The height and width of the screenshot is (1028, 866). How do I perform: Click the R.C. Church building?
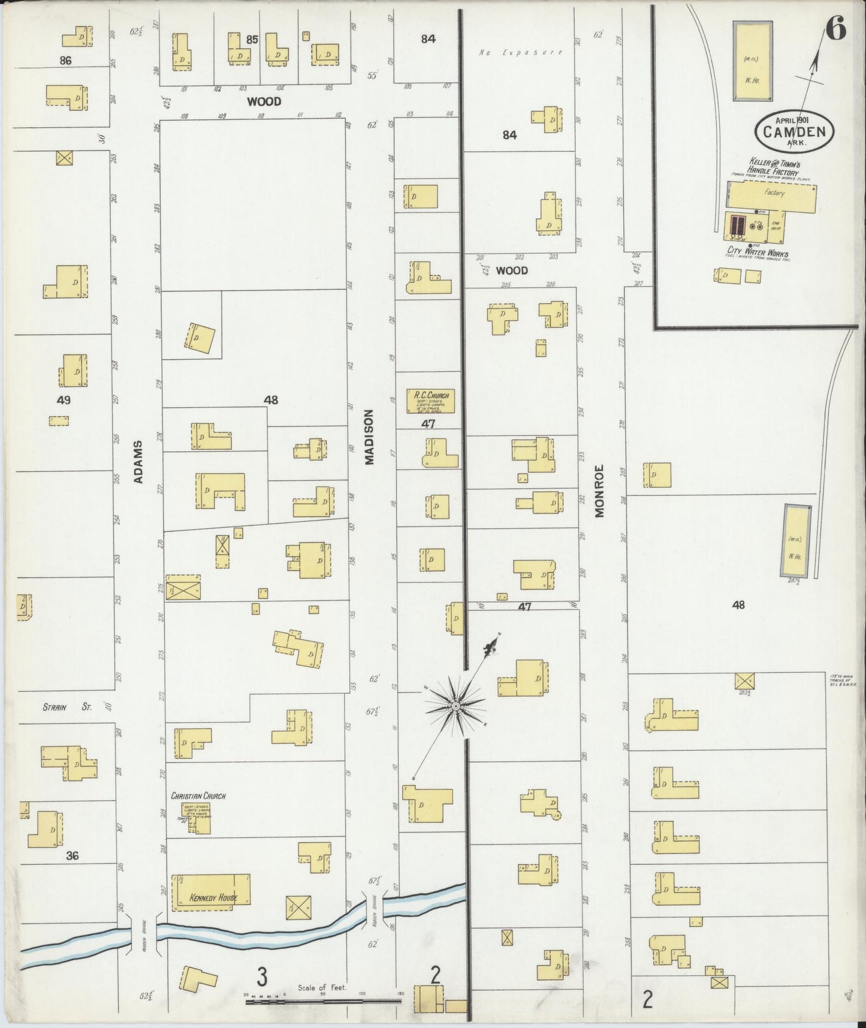pyautogui.click(x=431, y=401)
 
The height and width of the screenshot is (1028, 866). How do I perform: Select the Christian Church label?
pyautogui.click(x=198, y=796)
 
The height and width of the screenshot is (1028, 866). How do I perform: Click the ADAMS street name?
pyautogui.click(x=138, y=462)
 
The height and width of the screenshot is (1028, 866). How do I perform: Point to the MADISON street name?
pyautogui.click(x=369, y=437)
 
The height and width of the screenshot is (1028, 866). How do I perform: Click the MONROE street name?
pyautogui.click(x=600, y=491)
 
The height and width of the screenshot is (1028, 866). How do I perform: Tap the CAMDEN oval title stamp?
pyautogui.click(x=795, y=131)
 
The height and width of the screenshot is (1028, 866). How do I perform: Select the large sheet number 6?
pyautogui.click(x=835, y=29)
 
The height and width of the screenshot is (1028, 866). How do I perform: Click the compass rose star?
pyautogui.click(x=455, y=707)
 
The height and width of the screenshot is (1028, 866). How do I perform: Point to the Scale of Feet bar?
pyautogui.click(x=324, y=1000)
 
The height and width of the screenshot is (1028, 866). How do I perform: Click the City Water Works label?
pyautogui.click(x=758, y=253)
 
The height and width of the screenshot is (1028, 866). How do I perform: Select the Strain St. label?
pyautogui.click(x=66, y=708)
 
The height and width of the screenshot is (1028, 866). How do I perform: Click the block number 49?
pyautogui.click(x=64, y=400)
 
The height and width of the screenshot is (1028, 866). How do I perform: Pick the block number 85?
pyautogui.click(x=252, y=40)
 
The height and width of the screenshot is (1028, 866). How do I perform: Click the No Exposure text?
pyautogui.click(x=520, y=53)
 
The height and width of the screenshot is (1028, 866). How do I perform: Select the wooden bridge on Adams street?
pyautogui.click(x=144, y=934)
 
